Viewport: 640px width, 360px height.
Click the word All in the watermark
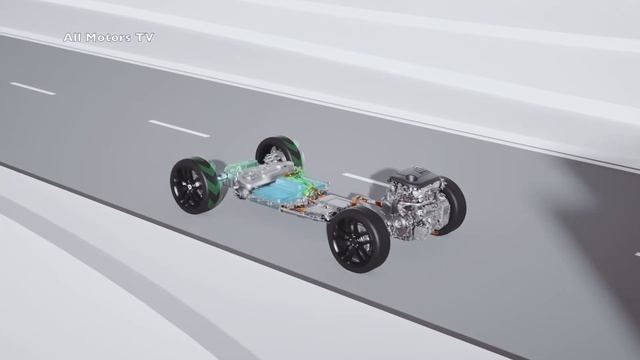[x=71, y=38]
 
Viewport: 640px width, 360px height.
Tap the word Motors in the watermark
[x=108, y=38]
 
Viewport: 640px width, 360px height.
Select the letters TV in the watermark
[x=145, y=38]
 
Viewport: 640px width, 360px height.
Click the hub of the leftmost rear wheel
[x=189, y=186]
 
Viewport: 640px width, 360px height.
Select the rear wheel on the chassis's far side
[x=278, y=151]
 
